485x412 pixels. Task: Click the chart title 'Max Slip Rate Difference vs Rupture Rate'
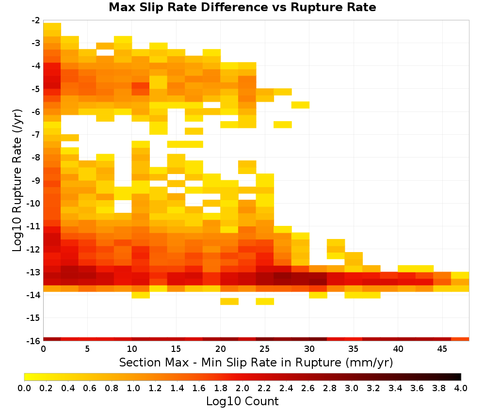pyautogui.click(x=242, y=7)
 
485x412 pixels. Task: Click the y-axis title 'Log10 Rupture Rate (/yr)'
pyautogui.click(x=17, y=180)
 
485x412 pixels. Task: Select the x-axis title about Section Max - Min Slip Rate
pyautogui.click(x=256, y=362)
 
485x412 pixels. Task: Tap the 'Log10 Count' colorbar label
pyautogui.click(x=242, y=401)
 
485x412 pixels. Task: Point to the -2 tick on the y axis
pyautogui.click(x=36, y=21)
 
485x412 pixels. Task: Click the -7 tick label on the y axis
pyautogui.click(x=36, y=135)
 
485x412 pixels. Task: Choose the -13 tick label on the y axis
pyautogui.click(x=34, y=272)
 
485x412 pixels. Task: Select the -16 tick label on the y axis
pyautogui.click(x=34, y=341)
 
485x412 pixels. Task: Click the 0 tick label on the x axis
pyautogui.click(x=43, y=349)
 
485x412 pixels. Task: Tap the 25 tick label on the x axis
pyautogui.click(x=265, y=349)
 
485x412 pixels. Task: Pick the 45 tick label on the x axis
pyautogui.click(x=442, y=349)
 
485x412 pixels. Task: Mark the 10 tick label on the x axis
pyautogui.click(x=132, y=349)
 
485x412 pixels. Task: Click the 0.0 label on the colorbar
pyautogui.click(x=24, y=388)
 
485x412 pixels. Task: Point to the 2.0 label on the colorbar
pyautogui.click(x=242, y=388)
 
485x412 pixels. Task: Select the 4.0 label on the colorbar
pyautogui.click(x=461, y=388)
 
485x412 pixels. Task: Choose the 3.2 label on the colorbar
pyautogui.click(x=373, y=388)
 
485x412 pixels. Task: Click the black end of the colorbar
pyautogui.click(x=459, y=377)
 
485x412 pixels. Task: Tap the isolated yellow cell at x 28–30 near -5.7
pyautogui.click(x=300, y=105)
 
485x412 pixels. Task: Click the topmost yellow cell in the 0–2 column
pyautogui.click(x=52, y=26)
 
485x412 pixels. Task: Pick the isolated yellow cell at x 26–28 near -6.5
pyautogui.click(x=283, y=125)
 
